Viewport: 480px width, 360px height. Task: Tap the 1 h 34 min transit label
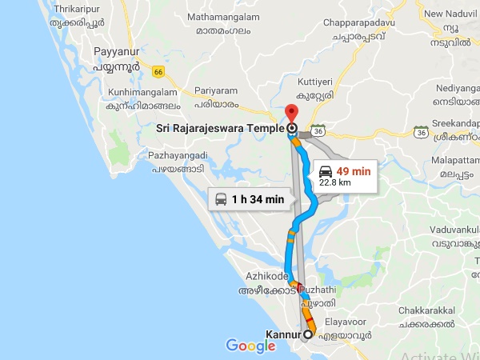tap(258, 199)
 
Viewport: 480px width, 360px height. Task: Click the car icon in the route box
tap(326, 171)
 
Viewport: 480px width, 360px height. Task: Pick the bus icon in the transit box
tap(222, 199)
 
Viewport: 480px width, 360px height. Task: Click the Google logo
tap(250, 346)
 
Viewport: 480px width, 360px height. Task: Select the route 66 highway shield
tap(158, 72)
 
